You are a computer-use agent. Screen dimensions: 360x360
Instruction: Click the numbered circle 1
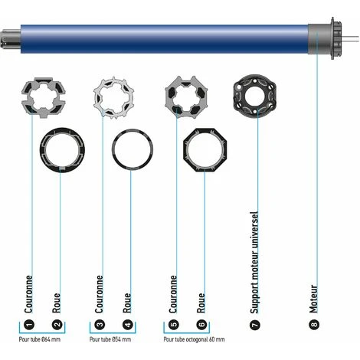pos(30,324)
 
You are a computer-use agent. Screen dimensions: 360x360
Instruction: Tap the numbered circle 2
pos(56,324)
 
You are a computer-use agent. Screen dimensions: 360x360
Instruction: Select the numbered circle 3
pos(100,324)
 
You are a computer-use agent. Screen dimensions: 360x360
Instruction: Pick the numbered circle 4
pos(128,324)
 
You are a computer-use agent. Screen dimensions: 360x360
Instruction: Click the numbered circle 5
pos(174,324)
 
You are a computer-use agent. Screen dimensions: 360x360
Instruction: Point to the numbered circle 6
pos(201,324)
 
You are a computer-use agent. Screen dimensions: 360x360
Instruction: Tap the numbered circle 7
pos(255,324)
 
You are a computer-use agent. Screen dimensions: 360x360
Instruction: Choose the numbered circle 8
pos(314,324)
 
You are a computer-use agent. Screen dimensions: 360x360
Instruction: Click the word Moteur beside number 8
pos(314,298)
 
